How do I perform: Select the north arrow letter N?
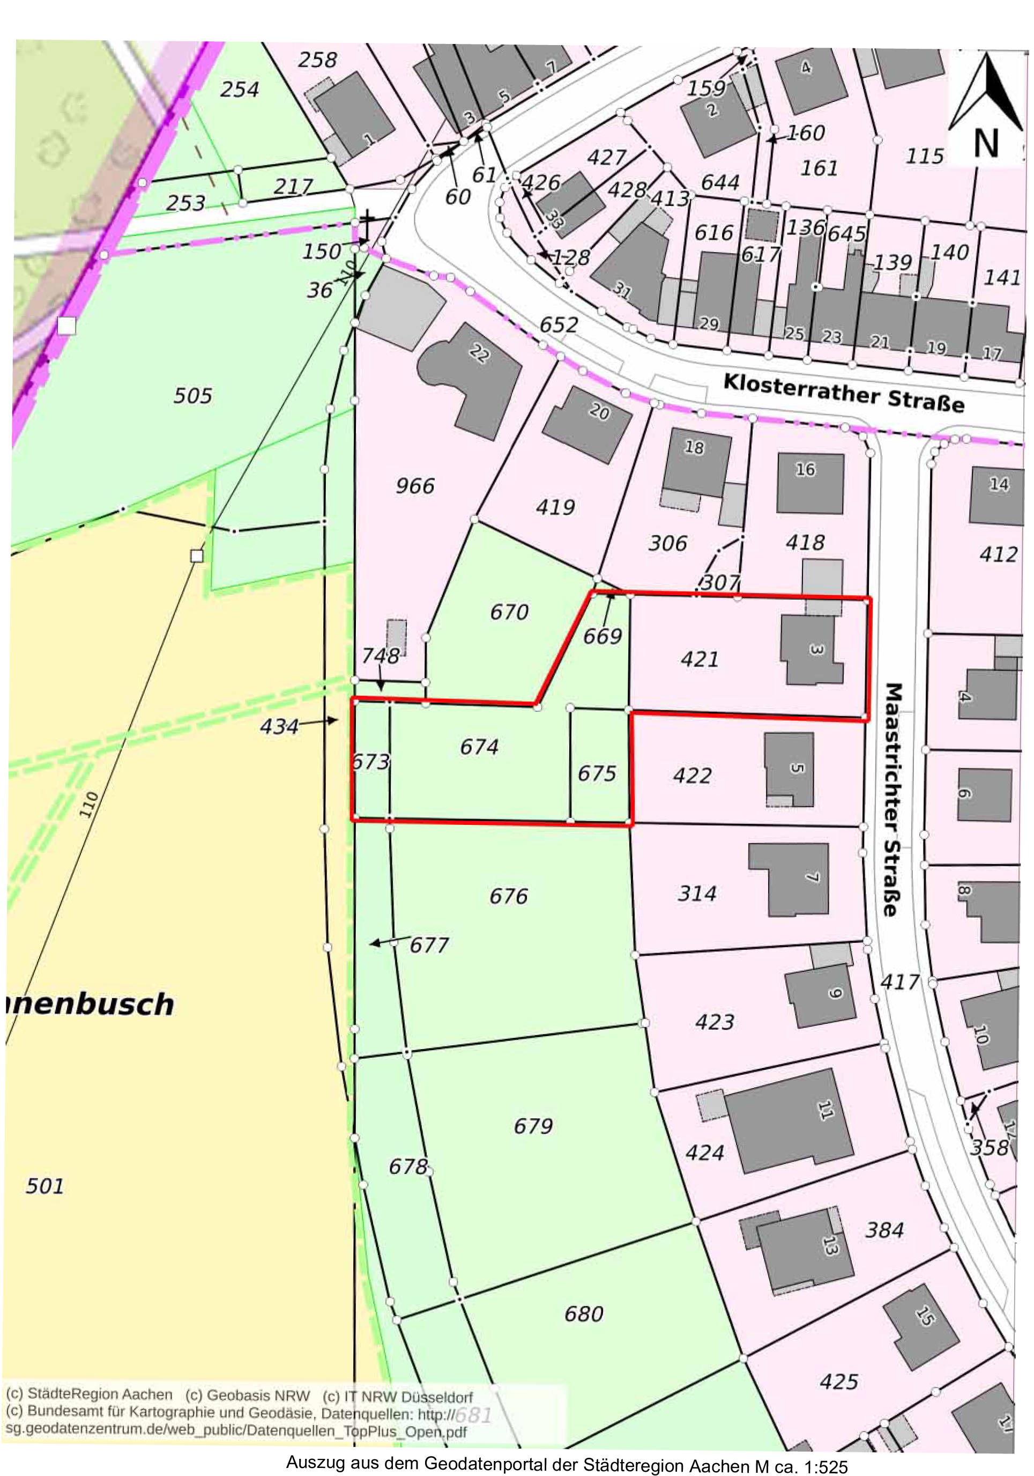click(986, 143)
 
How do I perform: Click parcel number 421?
click(699, 659)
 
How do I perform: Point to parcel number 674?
click(479, 747)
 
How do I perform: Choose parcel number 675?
click(597, 773)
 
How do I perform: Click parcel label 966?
click(414, 485)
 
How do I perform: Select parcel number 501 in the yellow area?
click(44, 1185)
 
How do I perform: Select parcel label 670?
click(509, 611)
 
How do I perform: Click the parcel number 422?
click(692, 776)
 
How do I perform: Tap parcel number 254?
click(239, 90)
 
